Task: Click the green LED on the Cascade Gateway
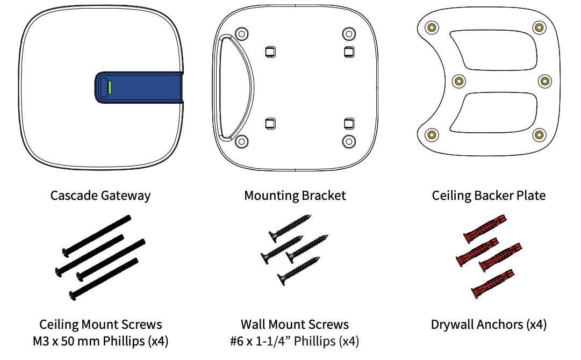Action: click(110, 87)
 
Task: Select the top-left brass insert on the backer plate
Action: click(431, 27)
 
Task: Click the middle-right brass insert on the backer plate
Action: click(545, 81)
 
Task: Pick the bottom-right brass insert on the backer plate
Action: click(539, 134)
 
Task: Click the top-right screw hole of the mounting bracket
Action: click(348, 34)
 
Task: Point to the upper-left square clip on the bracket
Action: click(270, 52)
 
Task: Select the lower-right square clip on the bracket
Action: click(348, 124)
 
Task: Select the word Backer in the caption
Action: click(491, 196)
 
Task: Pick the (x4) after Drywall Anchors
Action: click(536, 325)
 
